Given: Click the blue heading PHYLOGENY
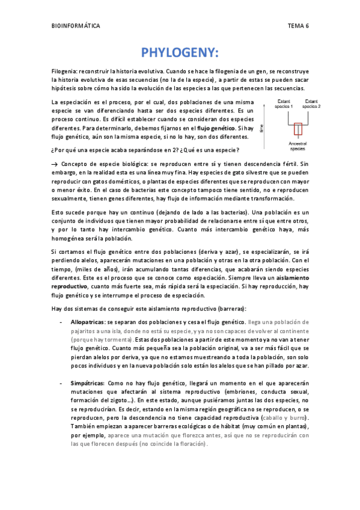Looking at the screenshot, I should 180,52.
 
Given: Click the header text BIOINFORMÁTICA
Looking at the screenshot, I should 76,26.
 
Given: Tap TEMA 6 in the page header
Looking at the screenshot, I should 298,26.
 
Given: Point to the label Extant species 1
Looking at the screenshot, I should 284,103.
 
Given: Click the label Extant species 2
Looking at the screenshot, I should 311,103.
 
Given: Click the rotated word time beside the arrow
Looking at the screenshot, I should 262,127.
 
